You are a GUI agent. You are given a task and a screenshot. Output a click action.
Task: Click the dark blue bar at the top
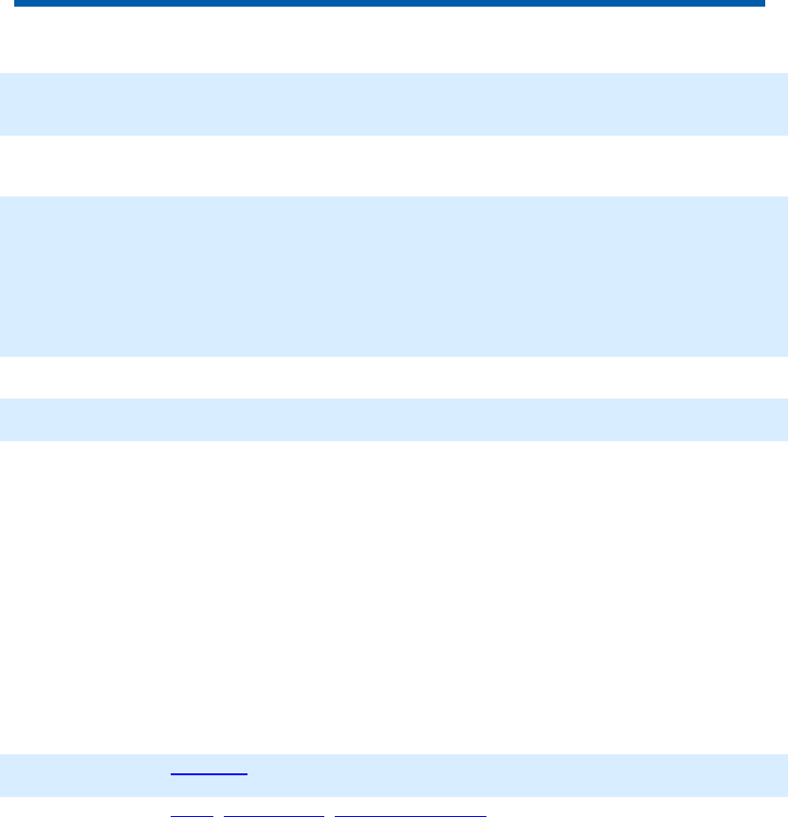[389, 3]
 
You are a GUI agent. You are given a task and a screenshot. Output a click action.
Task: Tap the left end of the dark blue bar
[17, 3]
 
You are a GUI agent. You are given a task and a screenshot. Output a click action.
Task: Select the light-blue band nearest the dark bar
[394, 103]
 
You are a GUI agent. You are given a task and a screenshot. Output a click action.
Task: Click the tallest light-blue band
[394, 276]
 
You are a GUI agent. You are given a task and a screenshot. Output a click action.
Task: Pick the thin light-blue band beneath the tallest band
[394, 419]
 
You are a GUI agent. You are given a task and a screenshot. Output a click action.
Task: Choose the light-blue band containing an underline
[394, 774]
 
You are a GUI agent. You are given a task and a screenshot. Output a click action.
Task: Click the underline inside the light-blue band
[209, 775]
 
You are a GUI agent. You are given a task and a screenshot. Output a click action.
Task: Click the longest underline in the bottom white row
[411, 815]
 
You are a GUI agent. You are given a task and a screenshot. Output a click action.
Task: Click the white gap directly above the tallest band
[394, 166]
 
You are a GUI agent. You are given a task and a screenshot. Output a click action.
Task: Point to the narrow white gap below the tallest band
[394, 377]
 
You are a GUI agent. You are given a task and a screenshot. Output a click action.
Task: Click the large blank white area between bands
[394, 598]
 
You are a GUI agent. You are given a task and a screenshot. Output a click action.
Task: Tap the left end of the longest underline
[337, 815]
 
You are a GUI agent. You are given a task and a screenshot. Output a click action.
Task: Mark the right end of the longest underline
[486, 815]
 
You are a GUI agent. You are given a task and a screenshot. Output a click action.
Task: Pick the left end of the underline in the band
[172, 775]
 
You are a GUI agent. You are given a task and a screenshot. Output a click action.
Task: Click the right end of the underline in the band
[247, 775]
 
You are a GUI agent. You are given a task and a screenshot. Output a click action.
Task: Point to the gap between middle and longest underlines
[330, 814]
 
